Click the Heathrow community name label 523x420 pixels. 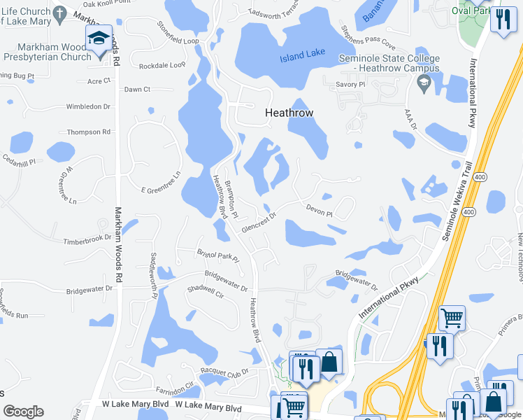[x=289, y=112]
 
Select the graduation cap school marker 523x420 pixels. [x=99, y=39]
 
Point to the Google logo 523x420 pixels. [x=23, y=412]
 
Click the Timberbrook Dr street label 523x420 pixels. [x=87, y=239]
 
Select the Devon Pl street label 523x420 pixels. [x=318, y=210]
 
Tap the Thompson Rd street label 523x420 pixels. [x=89, y=132]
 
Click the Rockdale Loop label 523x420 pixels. [x=162, y=65]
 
